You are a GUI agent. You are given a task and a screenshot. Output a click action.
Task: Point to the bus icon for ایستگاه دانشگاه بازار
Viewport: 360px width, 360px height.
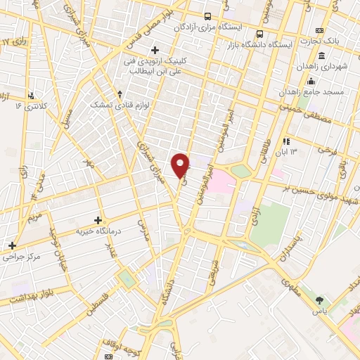(x=260, y=33)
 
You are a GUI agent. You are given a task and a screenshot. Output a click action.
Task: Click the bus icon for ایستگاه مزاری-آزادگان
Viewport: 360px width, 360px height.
(x=207, y=16)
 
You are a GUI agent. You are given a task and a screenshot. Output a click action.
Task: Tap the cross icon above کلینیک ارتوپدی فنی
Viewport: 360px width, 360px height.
(x=155, y=49)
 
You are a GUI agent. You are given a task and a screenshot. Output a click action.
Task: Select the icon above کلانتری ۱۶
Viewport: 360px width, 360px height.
(x=31, y=95)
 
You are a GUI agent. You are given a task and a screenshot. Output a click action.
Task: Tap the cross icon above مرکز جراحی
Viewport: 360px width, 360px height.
(x=12, y=245)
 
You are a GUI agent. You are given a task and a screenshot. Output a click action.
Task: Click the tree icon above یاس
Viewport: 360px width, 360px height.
(x=321, y=300)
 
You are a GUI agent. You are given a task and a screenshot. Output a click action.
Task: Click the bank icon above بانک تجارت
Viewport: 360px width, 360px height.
(x=320, y=30)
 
